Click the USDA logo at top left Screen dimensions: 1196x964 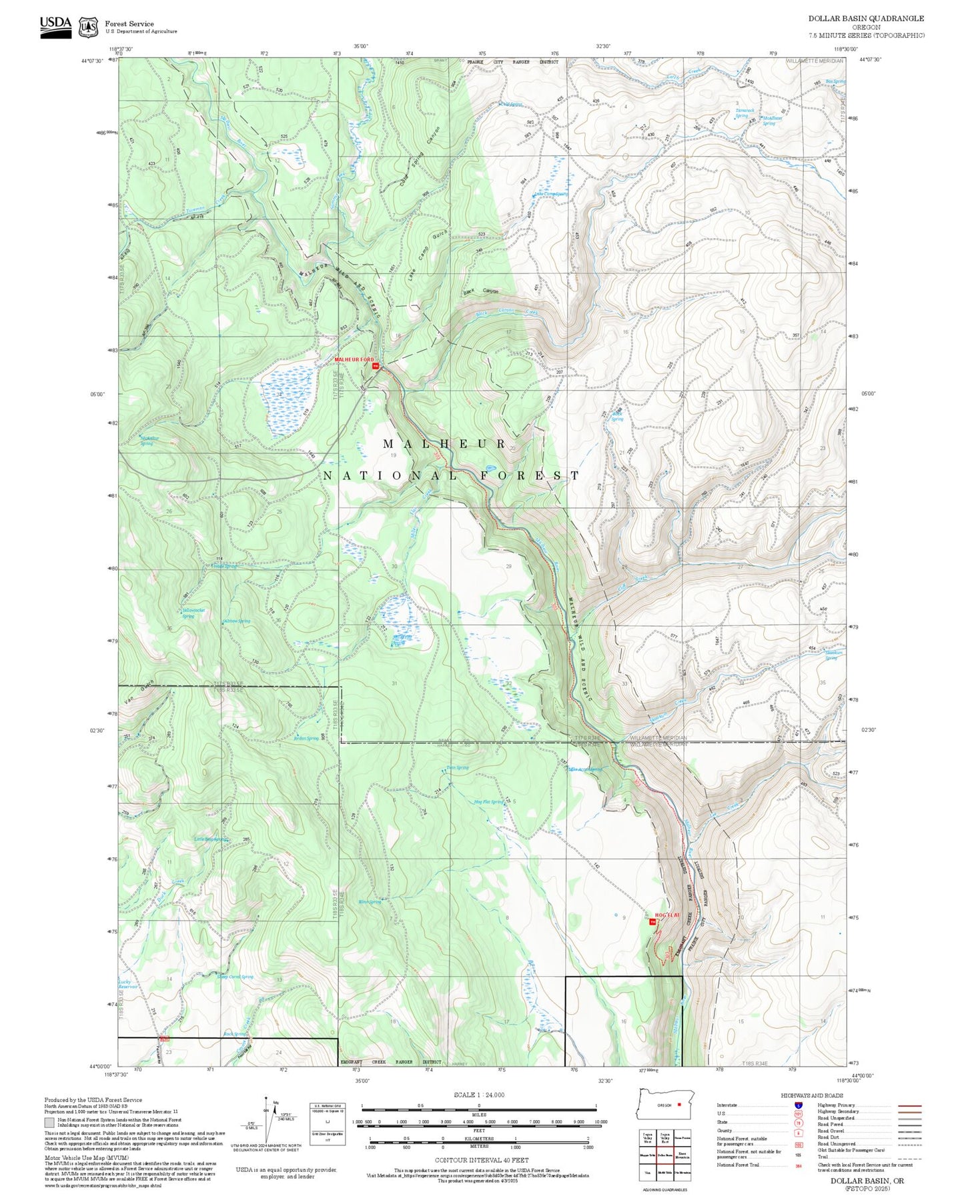55,26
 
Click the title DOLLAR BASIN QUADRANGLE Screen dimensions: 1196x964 866,19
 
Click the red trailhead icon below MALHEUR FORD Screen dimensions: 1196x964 375,366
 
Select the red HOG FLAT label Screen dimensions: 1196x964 666,915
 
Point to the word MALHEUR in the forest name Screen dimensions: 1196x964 445,444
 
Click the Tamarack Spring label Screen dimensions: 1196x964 745,113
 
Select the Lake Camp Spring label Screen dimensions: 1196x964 550,195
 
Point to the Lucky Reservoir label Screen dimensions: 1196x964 128,984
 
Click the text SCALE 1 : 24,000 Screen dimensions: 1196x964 479,1095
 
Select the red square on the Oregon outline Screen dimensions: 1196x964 679,1104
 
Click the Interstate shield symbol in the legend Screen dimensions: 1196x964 798,1105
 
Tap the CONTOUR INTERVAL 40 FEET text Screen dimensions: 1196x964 479,1160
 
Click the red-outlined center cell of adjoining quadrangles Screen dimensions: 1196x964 666,1155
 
